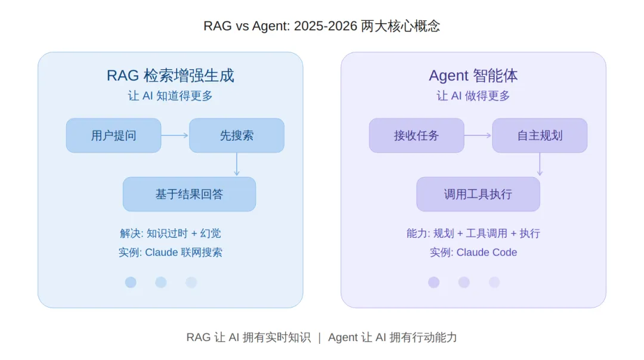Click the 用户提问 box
(x=113, y=135)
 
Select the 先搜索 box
(x=237, y=135)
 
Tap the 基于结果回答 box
(x=189, y=194)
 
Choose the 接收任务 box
(x=416, y=135)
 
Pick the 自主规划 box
(x=540, y=135)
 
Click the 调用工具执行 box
(x=478, y=194)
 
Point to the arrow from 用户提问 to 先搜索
(x=175, y=135)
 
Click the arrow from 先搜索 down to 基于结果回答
(x=237, y=164)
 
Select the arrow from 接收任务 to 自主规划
(x=478, y=135)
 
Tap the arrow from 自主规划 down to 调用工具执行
(x=540, y=164)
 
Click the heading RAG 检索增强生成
(x=170, y=76)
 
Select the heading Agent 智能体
(x=473, y=76)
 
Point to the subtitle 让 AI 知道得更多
(x=170, y=95)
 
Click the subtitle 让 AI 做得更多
(x=473, y=95)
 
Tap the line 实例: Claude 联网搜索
(x=170, y=252)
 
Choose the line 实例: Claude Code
(x=473, y=252)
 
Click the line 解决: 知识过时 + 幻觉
(x=170, y=233)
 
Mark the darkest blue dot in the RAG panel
(x=131, y=283)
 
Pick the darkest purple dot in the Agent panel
(x=434, y=283)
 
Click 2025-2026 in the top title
(x=326, y=26)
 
